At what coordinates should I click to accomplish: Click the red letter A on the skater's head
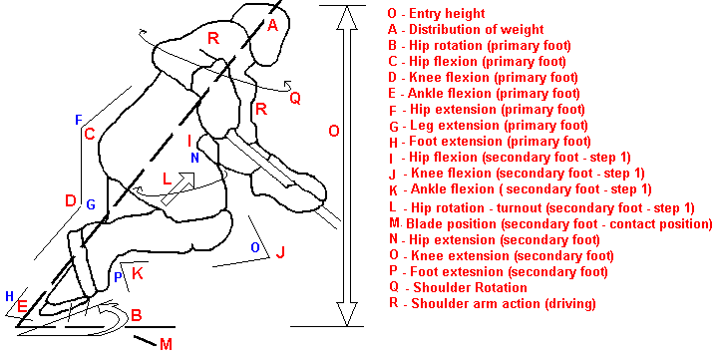tap(272, 25)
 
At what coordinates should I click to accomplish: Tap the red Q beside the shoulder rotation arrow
tap(295, 98)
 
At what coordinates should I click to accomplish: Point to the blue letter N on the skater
tap(194, 158)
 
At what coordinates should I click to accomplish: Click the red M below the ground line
tap(166, 344)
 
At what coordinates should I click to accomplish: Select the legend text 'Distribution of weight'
tap(477, 30)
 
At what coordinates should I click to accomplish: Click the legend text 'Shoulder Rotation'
tap(470, 288)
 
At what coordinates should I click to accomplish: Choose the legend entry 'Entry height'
tap(447, 14)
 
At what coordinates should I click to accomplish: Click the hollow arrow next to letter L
tap(179, 188)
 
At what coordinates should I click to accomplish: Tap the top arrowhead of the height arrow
tap(347, 17)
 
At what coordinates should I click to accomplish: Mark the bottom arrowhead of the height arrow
tap(347, 314)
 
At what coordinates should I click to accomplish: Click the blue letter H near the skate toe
tap(9, 296)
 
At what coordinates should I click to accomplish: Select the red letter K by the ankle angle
tap(138, 274)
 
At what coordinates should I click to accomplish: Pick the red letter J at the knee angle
tap(280, 252)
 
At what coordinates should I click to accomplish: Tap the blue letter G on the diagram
tap(91, 204)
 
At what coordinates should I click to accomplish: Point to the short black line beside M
tap(146, 340)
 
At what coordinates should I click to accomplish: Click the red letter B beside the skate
tap(136, 315)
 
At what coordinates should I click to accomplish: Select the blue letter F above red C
tap(79, 121)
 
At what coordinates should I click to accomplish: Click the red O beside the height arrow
tap(334, 132)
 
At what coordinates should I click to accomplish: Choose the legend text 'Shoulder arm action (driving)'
tap(504, 304)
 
